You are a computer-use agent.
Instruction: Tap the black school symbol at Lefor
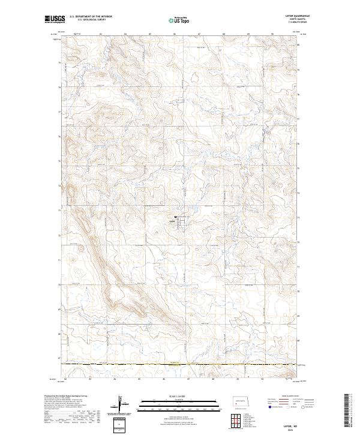[x=175, y=217]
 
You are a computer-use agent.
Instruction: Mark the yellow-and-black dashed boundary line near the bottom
[x=180, y=364]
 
